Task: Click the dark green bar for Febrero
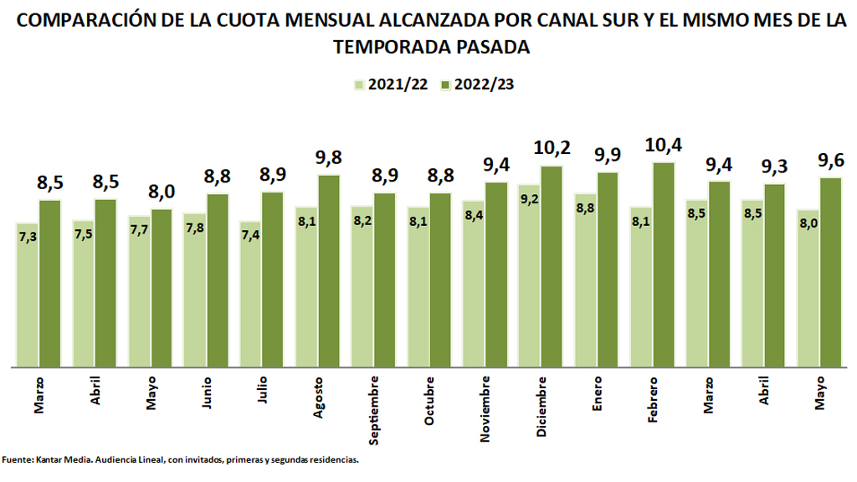(664, 264)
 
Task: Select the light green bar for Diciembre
(529, 276)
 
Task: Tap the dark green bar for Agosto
(329, 270)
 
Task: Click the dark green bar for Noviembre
(496, 274)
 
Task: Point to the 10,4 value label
(665, 145)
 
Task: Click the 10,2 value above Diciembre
(552, 149)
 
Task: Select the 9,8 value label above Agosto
(329, 157)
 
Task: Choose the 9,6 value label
(831, 160)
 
